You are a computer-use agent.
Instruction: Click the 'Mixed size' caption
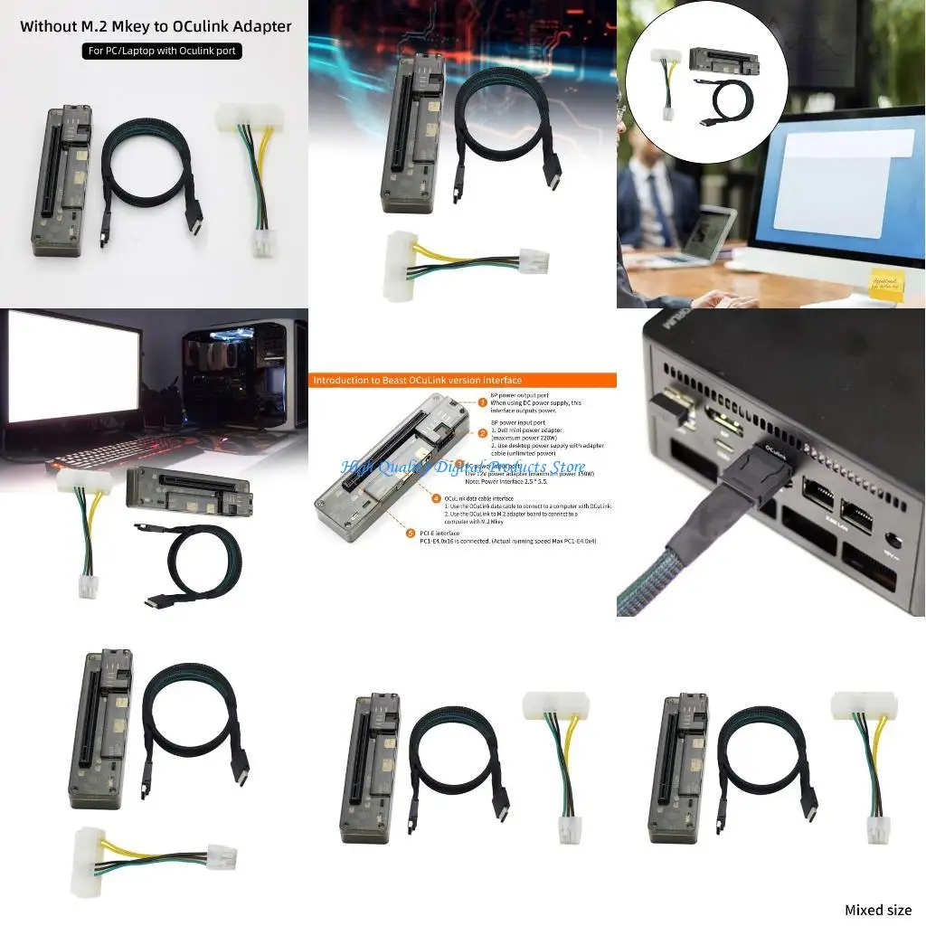click(877, 910)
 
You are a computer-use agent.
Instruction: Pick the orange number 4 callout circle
click(436, 497)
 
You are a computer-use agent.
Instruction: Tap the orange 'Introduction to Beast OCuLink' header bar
click(461, 381)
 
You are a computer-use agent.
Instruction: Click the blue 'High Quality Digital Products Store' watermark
click(462, 467)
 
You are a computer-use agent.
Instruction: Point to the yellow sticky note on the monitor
click(885, 282)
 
